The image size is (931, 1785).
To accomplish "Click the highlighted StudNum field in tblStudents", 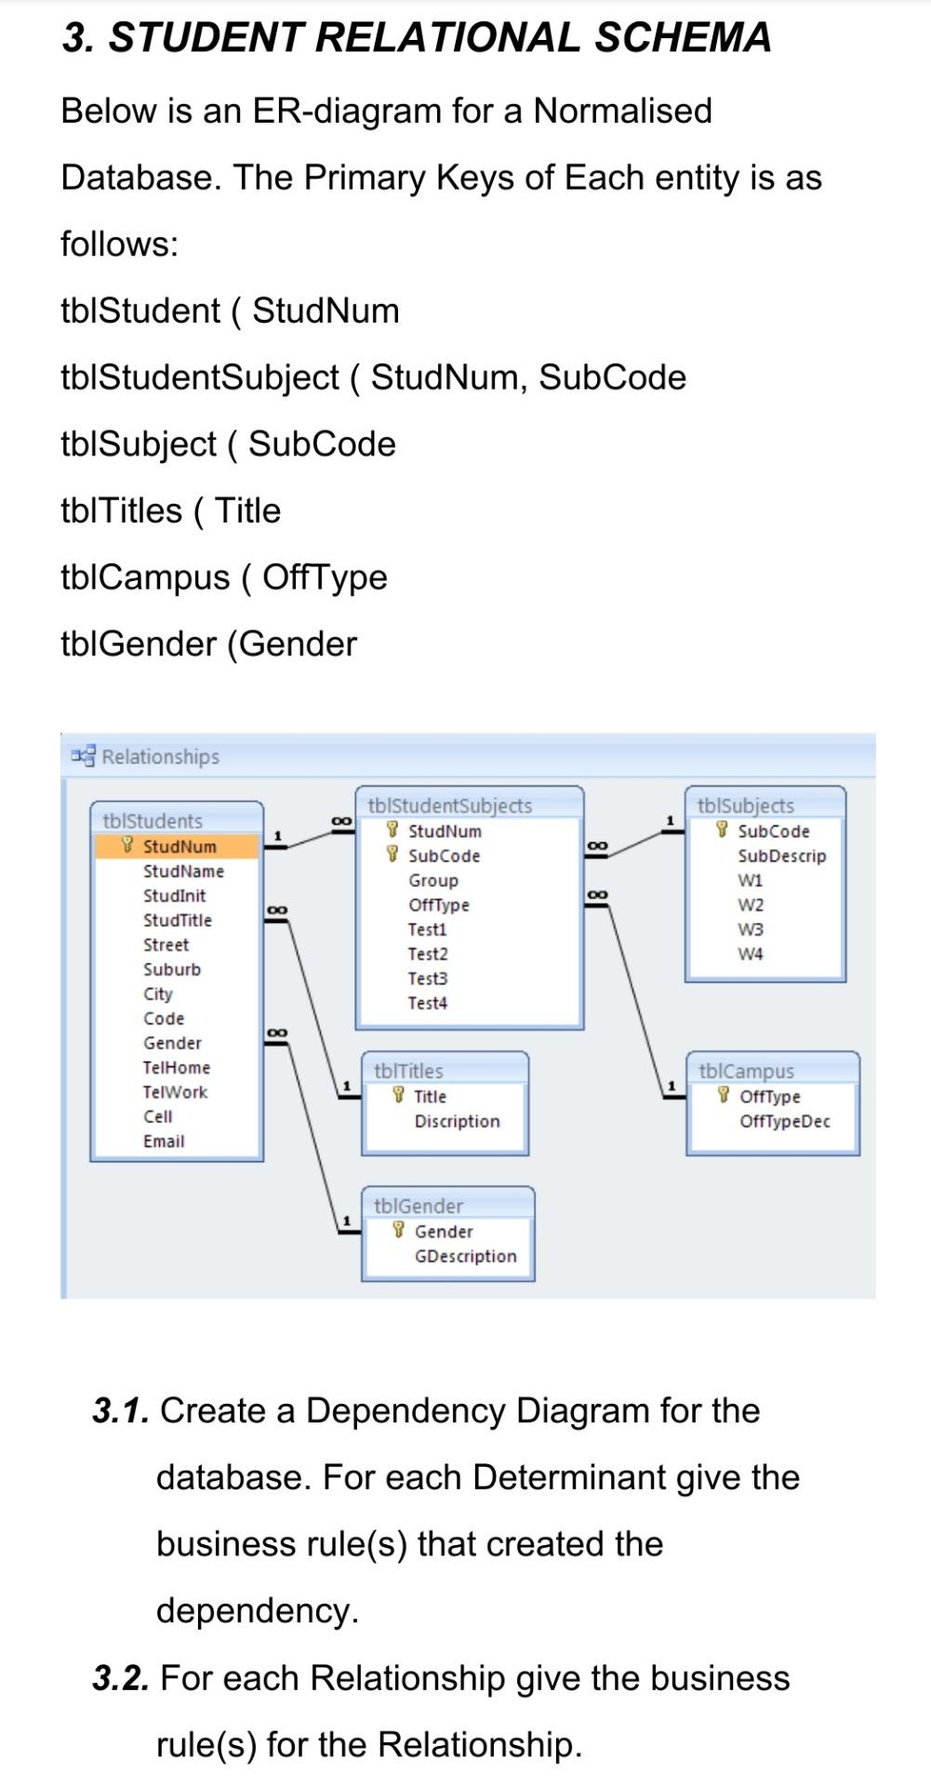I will pos(179,846).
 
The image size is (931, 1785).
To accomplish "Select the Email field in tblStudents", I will pos(164,1141).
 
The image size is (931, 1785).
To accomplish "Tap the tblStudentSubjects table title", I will pos(450,805).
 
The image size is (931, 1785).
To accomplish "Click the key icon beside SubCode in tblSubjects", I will pos(722,830).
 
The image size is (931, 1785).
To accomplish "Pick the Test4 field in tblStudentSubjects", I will pos(427,1003).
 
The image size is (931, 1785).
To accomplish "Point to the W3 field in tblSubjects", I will pos(751,929).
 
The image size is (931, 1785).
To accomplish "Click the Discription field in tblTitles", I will pos(457,1121).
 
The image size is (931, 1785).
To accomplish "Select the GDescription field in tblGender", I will pos(465,1256).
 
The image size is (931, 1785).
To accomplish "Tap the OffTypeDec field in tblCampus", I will pos(784,1121).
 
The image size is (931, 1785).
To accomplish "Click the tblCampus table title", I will pos(746,1071).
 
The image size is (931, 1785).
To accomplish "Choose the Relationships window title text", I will pos(160,757).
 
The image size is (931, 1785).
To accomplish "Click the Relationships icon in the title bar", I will pos(84,755).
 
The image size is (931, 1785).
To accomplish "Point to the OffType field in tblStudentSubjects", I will pos(438,905).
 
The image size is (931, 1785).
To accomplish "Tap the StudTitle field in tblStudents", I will pos(177,920).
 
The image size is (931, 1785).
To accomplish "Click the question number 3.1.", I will pos(121,1411).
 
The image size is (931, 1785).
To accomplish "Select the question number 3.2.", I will pos(121,1678).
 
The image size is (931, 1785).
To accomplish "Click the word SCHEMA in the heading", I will pos(683,37).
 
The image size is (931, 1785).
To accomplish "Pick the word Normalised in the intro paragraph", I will pos(622,111).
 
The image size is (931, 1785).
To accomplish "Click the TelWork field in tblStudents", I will pos(175,1092).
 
